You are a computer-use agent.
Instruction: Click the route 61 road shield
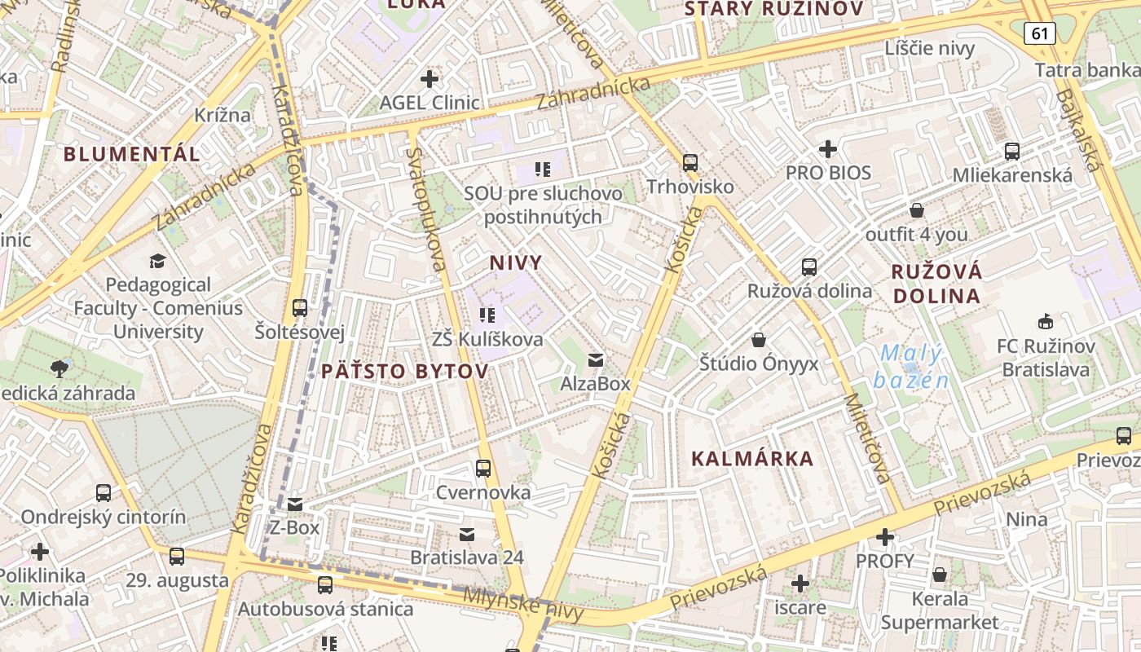1039,33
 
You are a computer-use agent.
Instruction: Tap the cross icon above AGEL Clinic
429,79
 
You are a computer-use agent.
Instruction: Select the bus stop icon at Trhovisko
690,162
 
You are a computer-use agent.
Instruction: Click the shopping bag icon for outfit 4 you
917,210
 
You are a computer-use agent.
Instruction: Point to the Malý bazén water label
910,367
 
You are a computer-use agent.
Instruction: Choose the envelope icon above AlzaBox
596,359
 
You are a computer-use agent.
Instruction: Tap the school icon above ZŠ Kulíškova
487,315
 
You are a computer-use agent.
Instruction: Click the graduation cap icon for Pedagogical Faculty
157,261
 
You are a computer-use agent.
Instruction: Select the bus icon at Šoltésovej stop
300,308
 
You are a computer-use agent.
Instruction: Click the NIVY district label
516,262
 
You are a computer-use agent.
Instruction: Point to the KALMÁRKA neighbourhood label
752,459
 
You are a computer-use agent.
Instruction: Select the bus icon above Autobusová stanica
325,584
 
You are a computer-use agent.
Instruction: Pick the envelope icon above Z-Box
295,504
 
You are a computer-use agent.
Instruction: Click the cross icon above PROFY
885,537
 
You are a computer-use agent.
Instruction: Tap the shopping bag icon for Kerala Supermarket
940,575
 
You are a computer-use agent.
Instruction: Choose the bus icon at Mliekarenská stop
1012,151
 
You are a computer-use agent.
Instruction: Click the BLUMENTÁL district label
131,154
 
